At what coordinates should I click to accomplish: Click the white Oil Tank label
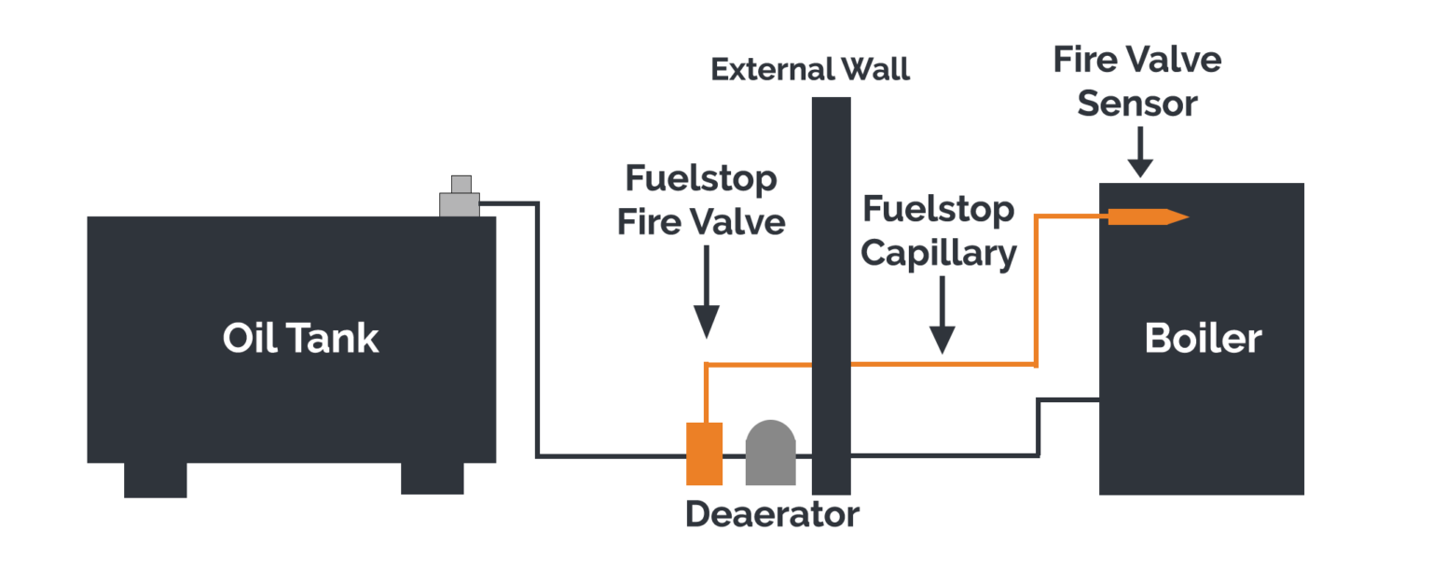(x=300, y=338)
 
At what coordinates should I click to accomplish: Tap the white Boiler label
(x=1203, y=338)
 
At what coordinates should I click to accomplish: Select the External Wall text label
(x=809, y=70)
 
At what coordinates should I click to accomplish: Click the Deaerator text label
(x=772, y=515)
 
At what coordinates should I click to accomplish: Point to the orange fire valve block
(x=705, y=453)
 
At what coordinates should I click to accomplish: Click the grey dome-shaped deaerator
(x=770, y=453)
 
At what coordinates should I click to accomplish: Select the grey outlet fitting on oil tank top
(x=460, y=199)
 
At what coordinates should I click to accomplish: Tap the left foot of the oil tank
(x=156, y=480)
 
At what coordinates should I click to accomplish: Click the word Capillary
(x=938, y=254)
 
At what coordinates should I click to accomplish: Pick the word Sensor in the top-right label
(x=1136, y=104)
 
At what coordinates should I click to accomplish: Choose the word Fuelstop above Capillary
(x=938, y=210)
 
